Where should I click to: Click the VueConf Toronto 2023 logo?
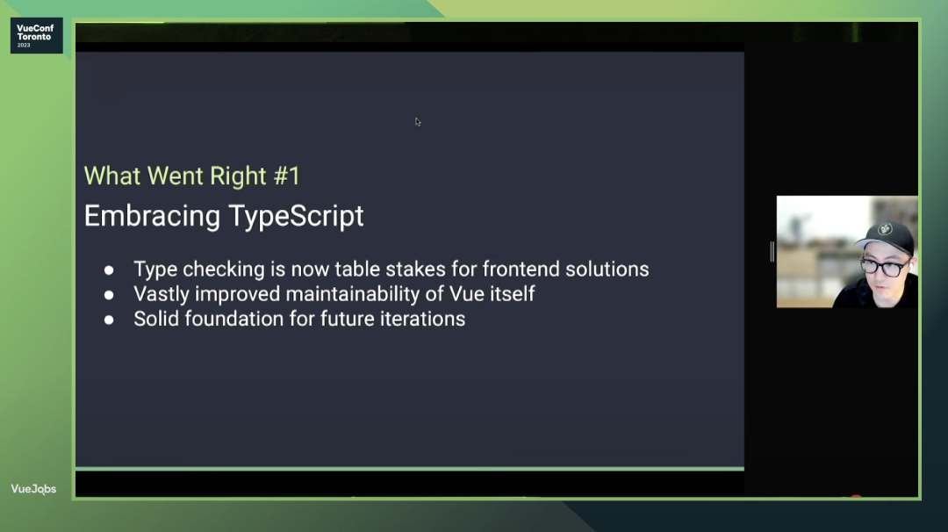(36, 36)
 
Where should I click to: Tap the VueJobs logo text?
(33, 489)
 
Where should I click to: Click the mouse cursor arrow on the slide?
(418, 122)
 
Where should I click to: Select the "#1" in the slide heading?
(287, 176)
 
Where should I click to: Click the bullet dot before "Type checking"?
(109, 270)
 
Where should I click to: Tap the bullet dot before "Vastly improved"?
(109, 294)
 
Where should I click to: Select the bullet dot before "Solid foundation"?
(109, 320)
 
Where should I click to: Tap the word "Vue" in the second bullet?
(464, 294)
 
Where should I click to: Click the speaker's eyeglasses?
(884, 267)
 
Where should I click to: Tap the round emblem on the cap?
(885, 229)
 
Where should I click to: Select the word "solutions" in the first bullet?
(607, 269)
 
